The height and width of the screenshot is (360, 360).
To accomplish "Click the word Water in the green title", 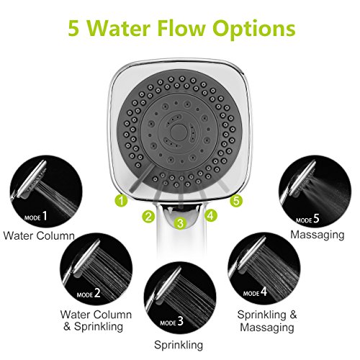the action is [x=120, y=28].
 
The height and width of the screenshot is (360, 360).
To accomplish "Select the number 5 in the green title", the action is [x=73, y=29].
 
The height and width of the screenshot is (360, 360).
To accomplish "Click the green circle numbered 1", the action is [x=121, y=200].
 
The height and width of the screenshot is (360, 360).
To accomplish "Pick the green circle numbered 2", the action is [x=148, y=216].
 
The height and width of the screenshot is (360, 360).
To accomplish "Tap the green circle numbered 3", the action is [x=180, y=223].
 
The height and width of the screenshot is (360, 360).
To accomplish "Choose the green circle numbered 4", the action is [x=210, y=215].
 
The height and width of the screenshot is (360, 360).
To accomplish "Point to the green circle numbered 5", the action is [x=236, y=201].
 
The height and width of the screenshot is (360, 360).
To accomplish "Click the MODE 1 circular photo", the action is [x=46, y=192].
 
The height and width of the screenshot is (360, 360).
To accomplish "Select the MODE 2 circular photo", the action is [x=96, y=269].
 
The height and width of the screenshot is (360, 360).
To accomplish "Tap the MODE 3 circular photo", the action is [x=180, y=297].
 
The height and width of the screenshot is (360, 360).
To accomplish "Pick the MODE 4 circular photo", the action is [x=264, y=269].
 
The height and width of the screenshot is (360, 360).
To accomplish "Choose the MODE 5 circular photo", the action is [x=315, y=192].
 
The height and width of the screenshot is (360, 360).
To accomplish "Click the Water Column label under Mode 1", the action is [x=39, y=235].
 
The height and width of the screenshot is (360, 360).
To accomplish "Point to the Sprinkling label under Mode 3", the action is [x=179, y=345].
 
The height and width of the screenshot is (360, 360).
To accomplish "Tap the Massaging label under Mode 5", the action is [x=318, y=235].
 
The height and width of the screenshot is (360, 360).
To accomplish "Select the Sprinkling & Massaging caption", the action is [x=267, y=321].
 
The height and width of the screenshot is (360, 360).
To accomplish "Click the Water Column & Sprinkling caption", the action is [x=96, y=320].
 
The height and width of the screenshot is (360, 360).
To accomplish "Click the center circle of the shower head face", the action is [x=179, y=131].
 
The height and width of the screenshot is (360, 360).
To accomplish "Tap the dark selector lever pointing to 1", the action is [x=142, y=178].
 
